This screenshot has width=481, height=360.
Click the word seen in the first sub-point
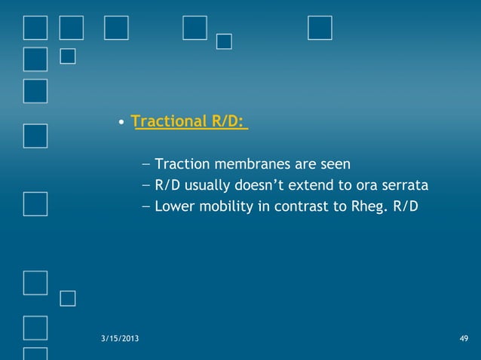tap(334, 163)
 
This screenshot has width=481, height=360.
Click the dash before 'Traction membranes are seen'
tap(146, 163)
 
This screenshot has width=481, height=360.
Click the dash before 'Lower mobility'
tap(146, 206)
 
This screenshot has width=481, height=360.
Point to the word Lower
tap(173, 206)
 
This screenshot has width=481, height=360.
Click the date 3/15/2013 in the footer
tap(119, 338)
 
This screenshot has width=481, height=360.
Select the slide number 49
tap(463, 338)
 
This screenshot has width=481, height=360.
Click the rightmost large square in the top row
tap(320, 28)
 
